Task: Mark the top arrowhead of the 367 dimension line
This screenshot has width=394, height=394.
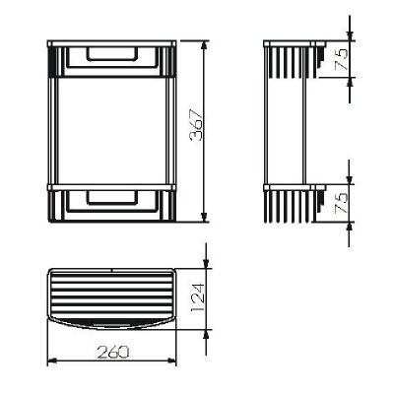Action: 204,44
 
